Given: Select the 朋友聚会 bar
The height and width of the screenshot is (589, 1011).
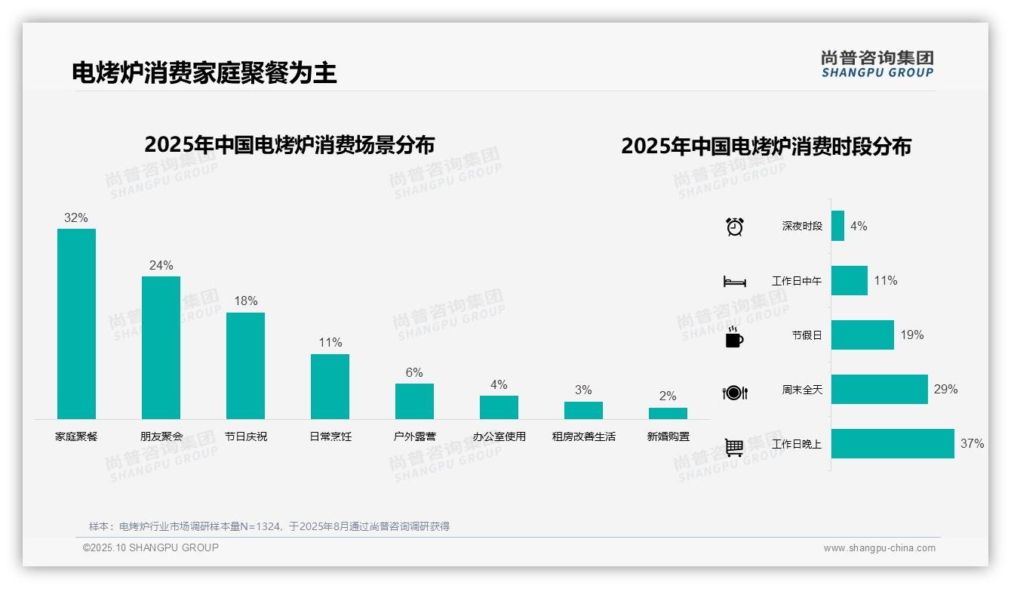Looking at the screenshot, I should pos(161,347).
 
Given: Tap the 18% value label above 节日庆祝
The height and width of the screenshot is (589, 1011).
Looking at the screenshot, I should pos(245,301).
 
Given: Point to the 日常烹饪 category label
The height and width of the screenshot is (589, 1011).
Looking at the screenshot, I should pos(330,436).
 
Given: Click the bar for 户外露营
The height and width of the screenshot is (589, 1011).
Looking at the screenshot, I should pos(414,401).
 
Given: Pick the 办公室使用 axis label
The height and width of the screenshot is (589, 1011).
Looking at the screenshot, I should pos(499,436).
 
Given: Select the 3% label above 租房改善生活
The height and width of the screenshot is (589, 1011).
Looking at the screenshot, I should pos(583,390).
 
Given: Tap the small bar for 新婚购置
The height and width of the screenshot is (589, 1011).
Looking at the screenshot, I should pos(668,413).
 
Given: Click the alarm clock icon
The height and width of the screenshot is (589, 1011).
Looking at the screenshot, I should pos(735,226).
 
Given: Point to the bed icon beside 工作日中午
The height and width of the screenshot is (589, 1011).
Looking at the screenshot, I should pos(735,282).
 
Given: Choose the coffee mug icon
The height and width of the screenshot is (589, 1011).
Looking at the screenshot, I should pos(734,338).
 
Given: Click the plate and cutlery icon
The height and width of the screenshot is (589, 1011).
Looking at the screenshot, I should pos(735,393).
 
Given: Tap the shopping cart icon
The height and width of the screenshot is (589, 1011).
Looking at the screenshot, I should pos(734,447).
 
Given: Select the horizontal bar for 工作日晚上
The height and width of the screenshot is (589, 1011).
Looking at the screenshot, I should pos(893,444).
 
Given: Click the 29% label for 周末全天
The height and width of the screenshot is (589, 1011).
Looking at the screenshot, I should pos(945,390).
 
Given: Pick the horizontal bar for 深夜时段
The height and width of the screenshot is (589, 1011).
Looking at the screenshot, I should pos(837,226).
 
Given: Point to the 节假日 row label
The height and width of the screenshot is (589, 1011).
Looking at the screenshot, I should pos(807,335).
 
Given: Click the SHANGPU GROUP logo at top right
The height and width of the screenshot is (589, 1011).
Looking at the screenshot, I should pos(877,63).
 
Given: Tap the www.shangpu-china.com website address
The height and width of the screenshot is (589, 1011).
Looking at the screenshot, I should pos(879,548).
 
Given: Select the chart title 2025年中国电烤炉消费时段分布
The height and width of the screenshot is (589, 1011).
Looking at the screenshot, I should pos(766,146).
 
